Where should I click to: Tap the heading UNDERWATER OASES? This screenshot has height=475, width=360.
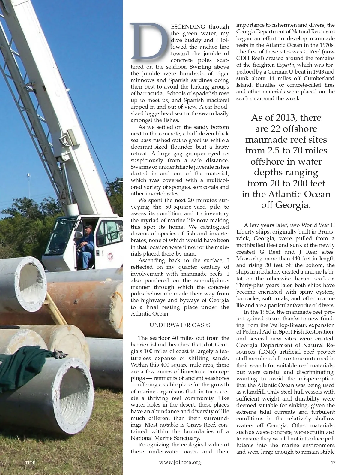click(180, 325)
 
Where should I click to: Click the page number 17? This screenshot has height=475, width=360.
click(333, 463)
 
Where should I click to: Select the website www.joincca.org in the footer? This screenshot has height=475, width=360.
click(180, 462)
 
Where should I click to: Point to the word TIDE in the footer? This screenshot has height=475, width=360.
click(30, 463)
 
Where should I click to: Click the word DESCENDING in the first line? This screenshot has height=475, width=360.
click(188, 27)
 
